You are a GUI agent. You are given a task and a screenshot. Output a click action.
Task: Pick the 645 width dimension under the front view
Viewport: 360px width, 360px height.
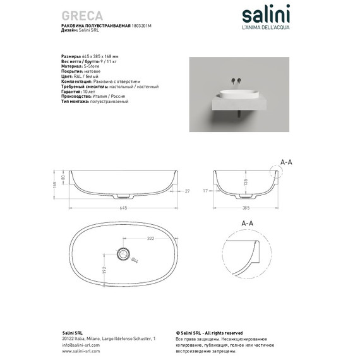125,207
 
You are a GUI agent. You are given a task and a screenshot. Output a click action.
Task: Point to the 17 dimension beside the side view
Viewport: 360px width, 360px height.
206,189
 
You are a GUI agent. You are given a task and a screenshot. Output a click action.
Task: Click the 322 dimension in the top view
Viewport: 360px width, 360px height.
151,240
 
